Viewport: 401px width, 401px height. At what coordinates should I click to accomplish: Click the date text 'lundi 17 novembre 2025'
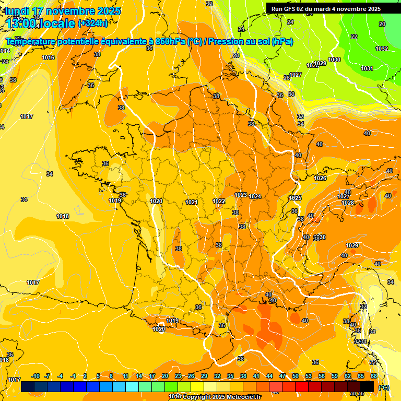[63, 11]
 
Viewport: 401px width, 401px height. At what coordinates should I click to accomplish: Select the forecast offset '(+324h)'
[93, 23]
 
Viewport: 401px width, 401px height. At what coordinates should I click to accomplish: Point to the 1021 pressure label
[191, 202]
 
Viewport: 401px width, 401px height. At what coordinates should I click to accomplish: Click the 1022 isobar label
[219, 201]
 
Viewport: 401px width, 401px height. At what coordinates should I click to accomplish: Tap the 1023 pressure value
[241, 195]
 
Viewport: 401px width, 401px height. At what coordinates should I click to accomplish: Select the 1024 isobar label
[255, 196]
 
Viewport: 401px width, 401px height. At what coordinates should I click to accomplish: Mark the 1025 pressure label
[295, 198]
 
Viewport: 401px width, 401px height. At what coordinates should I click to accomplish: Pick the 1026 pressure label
[320, 178]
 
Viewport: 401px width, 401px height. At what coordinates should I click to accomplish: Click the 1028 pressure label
[348, 203]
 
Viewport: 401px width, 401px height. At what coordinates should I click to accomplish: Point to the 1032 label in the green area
[382, 49]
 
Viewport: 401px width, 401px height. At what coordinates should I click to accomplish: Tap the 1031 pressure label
[367, 68]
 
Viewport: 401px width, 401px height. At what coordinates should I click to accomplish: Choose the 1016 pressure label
[48, 57]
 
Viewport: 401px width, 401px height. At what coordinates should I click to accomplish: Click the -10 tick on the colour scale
[36, 376]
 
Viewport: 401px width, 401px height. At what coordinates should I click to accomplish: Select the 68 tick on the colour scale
[373, 376]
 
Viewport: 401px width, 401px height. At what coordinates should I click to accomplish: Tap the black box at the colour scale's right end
[367, 386]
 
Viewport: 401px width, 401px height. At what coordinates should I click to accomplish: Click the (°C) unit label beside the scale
[383, 387]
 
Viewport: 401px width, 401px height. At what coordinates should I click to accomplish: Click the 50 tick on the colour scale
[296, 376]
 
